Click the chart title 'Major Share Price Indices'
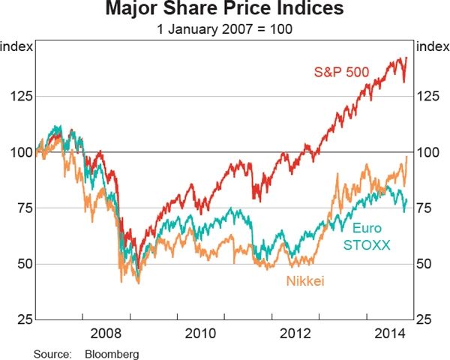[225, 10]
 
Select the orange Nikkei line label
[307, 280]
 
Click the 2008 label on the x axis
[105, 333]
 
